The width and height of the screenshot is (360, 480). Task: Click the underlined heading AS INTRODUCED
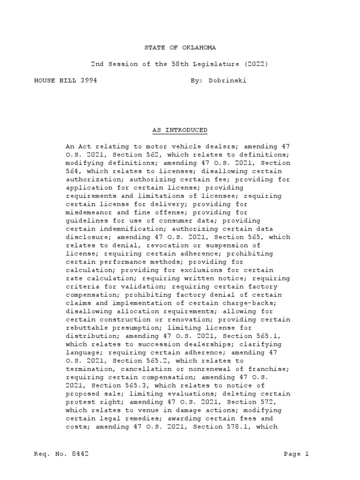(180, 130)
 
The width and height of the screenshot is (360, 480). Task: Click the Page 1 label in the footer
(297, 454)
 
